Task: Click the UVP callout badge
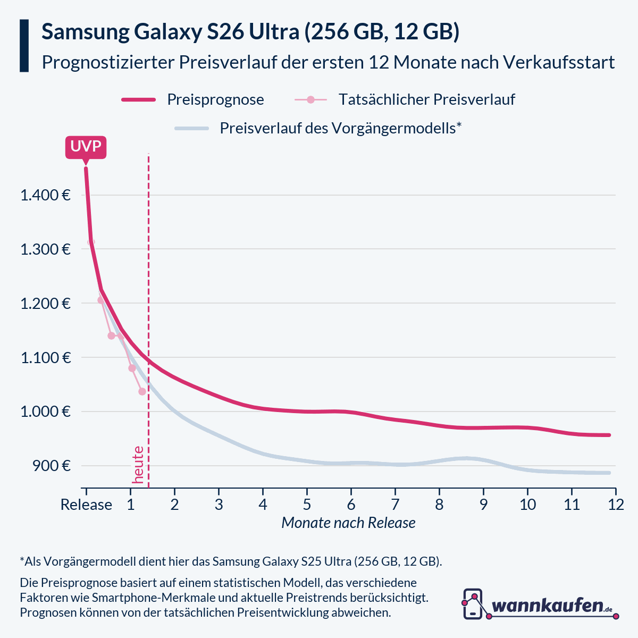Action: [86, 147]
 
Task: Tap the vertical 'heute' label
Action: [138, 465]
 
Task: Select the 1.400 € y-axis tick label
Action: [46, 195]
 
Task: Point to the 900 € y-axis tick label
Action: [52, 466]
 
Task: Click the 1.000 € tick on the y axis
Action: [46, 412]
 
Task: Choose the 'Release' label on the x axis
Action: [86, 505]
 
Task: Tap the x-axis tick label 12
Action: [616, 505]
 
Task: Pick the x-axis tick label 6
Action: [351, 505]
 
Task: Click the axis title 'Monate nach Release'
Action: [348, 523]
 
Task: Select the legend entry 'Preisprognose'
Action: [215, 99]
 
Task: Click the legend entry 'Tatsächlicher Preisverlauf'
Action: [426, 99]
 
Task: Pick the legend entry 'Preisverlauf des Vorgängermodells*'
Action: [340, 128]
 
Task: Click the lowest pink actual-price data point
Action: [142, 392]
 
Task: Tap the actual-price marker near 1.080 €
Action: [132, 368]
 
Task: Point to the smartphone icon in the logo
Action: [473, 604]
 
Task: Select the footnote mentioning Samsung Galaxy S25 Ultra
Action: [231, 561]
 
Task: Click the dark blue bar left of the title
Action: [24, 46]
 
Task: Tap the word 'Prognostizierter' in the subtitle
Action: [108, 62]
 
